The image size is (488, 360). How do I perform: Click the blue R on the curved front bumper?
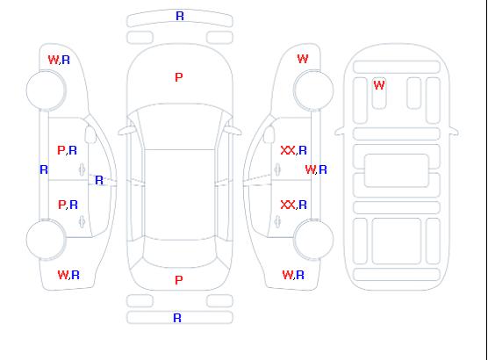click(180, 16)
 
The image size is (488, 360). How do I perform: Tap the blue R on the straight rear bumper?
click(177, 318)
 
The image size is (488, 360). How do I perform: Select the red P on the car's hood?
click(179, 77)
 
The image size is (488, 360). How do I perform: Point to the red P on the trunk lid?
click(179, 280)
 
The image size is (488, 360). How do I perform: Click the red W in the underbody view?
click(379, 85)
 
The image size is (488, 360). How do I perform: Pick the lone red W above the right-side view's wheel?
click(303, 59)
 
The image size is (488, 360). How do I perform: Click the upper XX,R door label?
click(294, 150)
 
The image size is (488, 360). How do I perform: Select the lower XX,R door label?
click(294, 205)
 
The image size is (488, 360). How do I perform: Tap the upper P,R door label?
click(68, 150)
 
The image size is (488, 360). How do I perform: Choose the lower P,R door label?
click(68, 205)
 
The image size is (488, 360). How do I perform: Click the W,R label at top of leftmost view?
click(59, 60)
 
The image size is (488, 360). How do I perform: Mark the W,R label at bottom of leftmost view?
click(68, 275)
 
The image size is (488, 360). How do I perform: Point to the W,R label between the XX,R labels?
click(316, 169)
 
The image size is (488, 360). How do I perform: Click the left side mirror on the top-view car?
click(126, 131)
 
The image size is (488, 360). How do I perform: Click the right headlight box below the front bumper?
click(219, 38)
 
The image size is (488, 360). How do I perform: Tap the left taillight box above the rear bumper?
click(140, 301)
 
